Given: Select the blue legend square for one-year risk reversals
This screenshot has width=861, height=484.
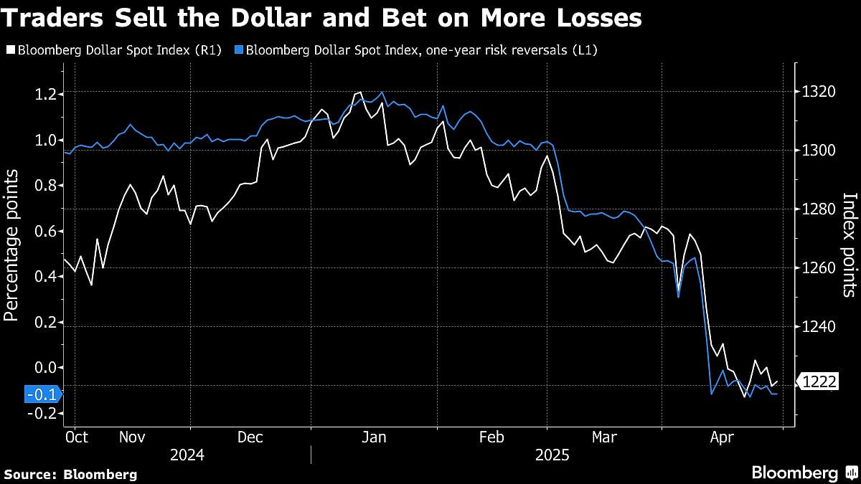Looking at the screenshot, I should [x=239, y=50].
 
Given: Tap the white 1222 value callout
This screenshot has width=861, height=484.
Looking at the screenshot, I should [x=819, y=382].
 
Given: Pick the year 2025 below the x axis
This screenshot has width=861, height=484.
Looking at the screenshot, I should [x=551, y=455].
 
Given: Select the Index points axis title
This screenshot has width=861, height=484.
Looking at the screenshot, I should [x=850, y=245].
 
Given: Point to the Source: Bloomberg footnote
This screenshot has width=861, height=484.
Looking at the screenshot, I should [x=70, y=474].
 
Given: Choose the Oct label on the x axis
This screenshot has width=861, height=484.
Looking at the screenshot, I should [x=76, y=437].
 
